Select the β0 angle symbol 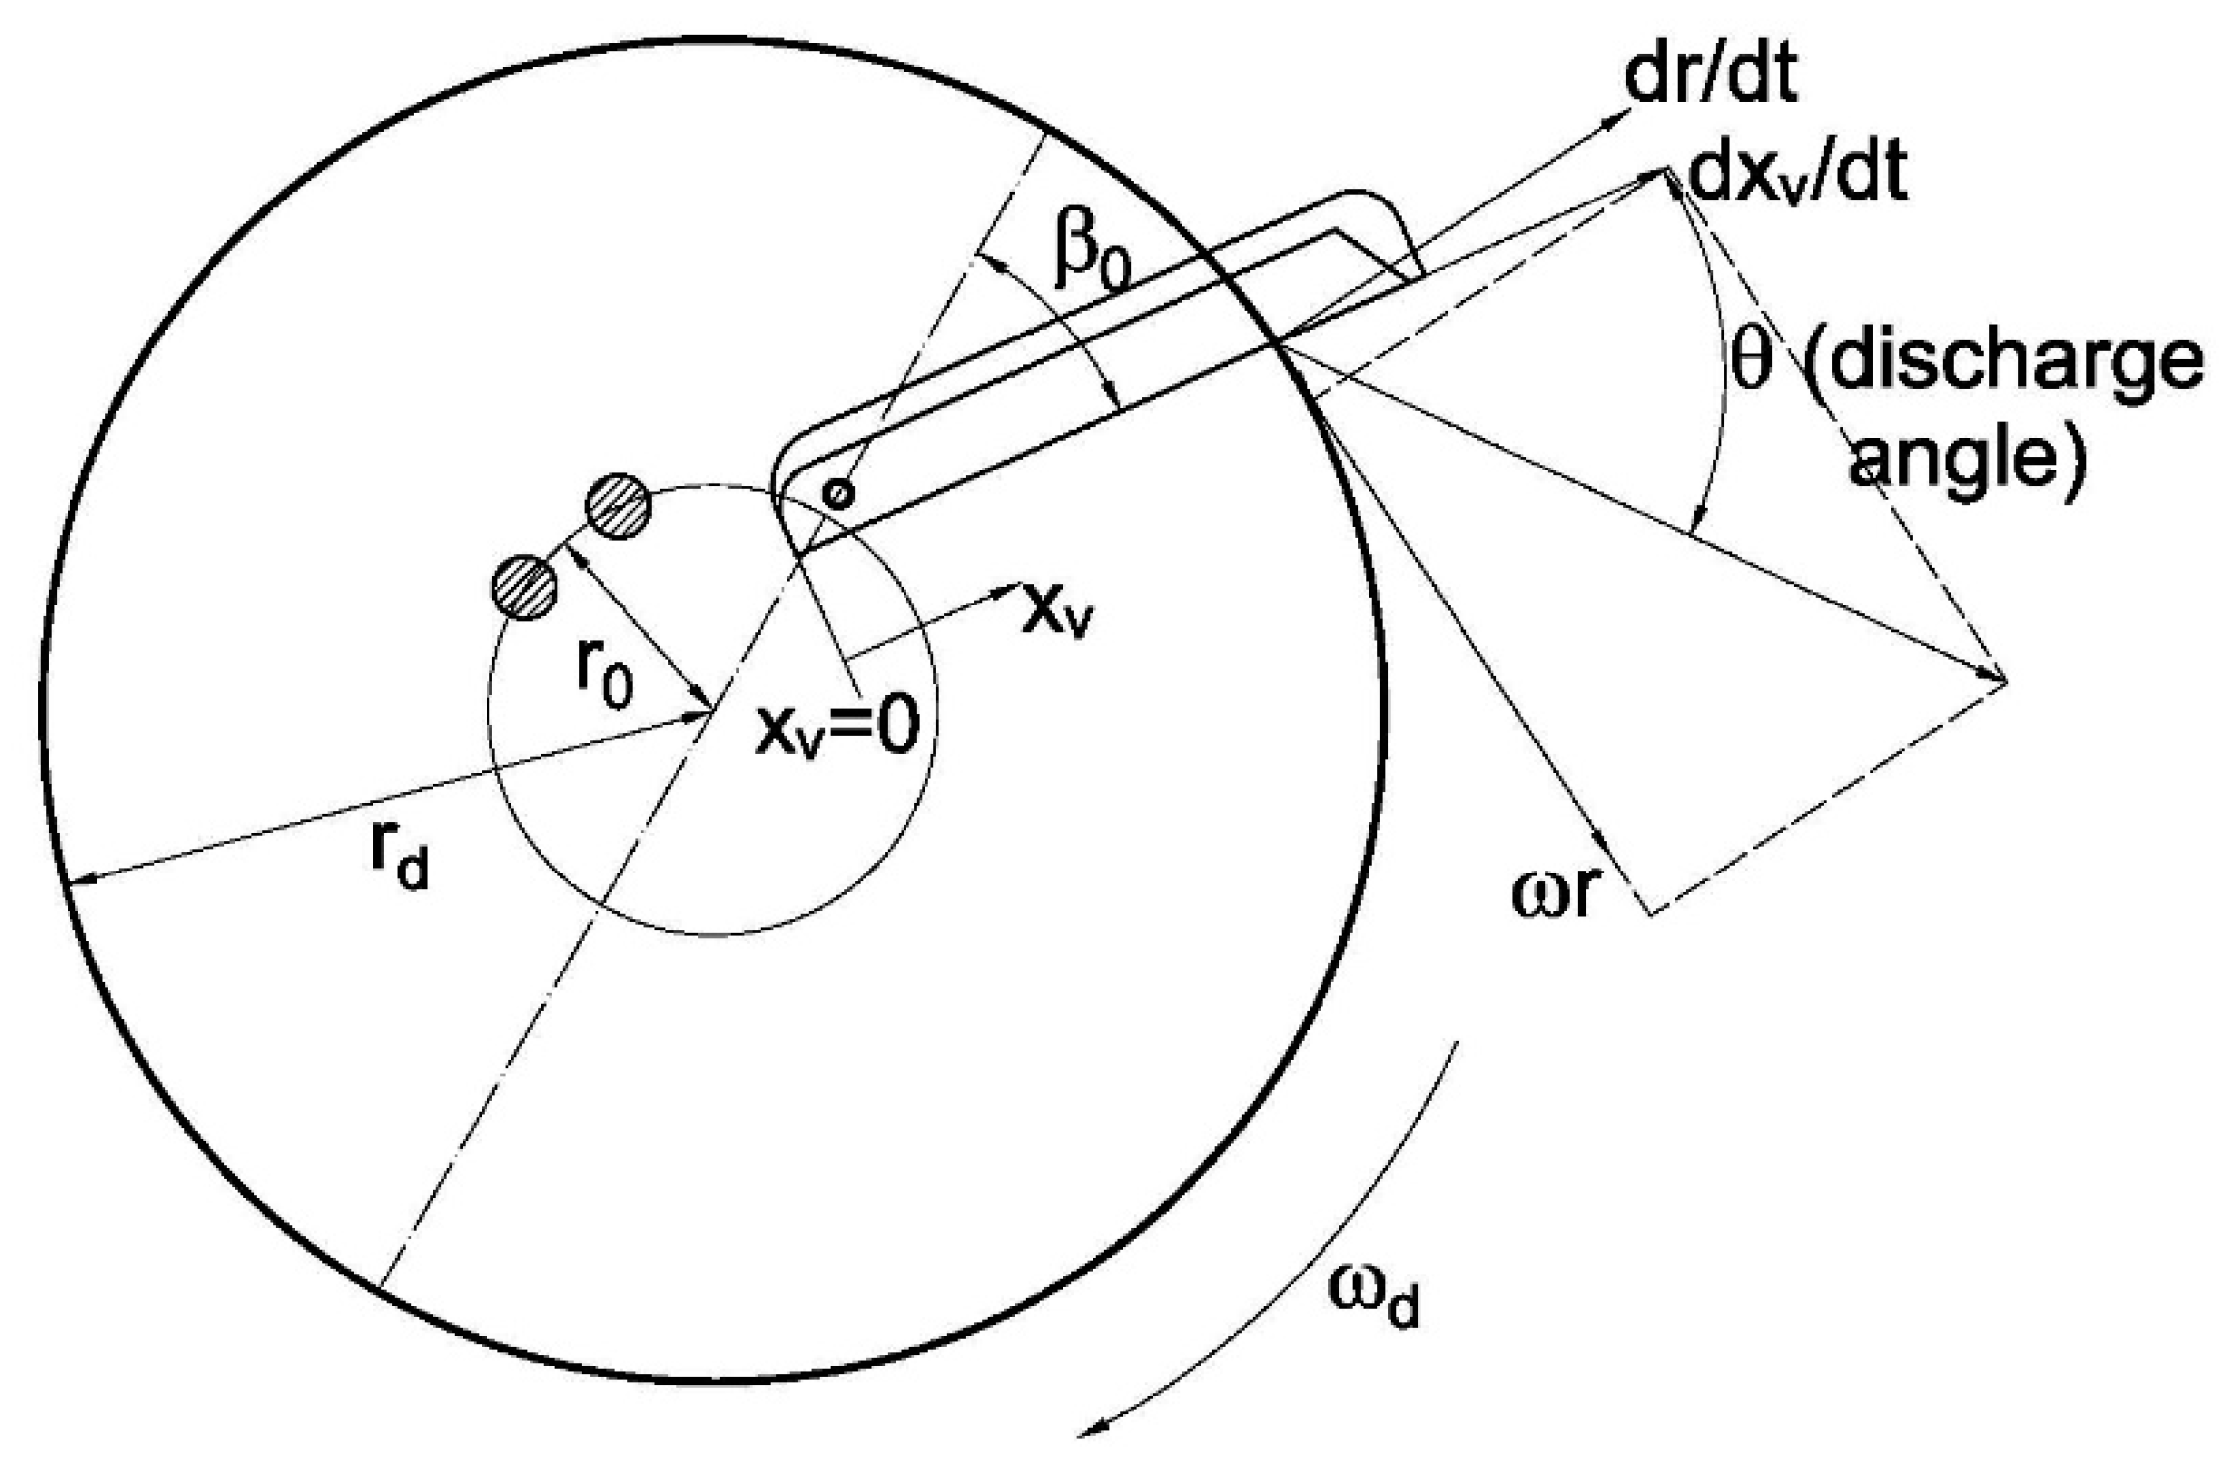(x=1092, y=262)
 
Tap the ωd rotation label (x=1376, y=1298)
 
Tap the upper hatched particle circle (x=618, y=507)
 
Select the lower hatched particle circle (x=524, y=588)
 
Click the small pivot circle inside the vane (x=839, y=493)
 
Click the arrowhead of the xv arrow (x=1001, y=594)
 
